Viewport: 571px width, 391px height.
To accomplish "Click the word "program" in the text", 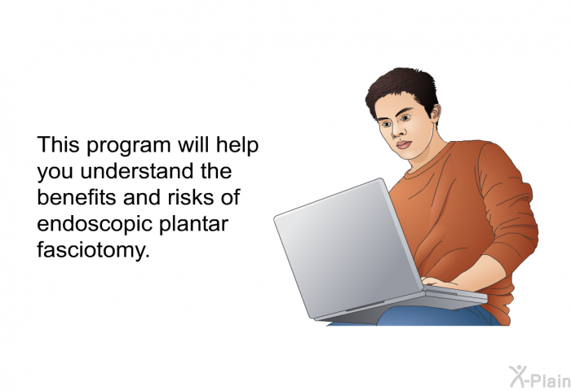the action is (129, 146).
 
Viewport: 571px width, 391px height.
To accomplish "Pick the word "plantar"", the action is (194, 224).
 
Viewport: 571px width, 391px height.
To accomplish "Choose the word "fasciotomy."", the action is (94, 251).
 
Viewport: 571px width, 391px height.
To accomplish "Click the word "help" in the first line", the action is (237, 146).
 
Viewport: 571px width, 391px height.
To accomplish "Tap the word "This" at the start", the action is (58, 144).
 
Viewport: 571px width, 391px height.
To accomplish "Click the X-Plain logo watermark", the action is (540, 376).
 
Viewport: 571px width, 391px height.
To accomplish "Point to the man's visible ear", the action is (435, 112).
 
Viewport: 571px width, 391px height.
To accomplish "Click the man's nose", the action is (396, 132).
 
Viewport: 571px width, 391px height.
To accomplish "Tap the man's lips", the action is (404, 145).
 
